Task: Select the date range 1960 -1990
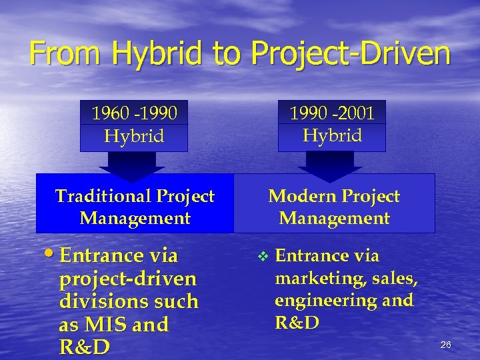(x=134, y=113)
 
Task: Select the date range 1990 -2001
(x=332, y=113)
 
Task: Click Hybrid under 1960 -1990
(x=134, y=137)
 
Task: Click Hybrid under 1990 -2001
(x=332, y=135)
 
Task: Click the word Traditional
(x=103, y=196)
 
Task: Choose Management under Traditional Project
(x=135, y=218)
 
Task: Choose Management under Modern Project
(x=334, y=218)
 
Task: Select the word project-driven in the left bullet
(x=127, y=279)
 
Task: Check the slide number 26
(x=445, y=345)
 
